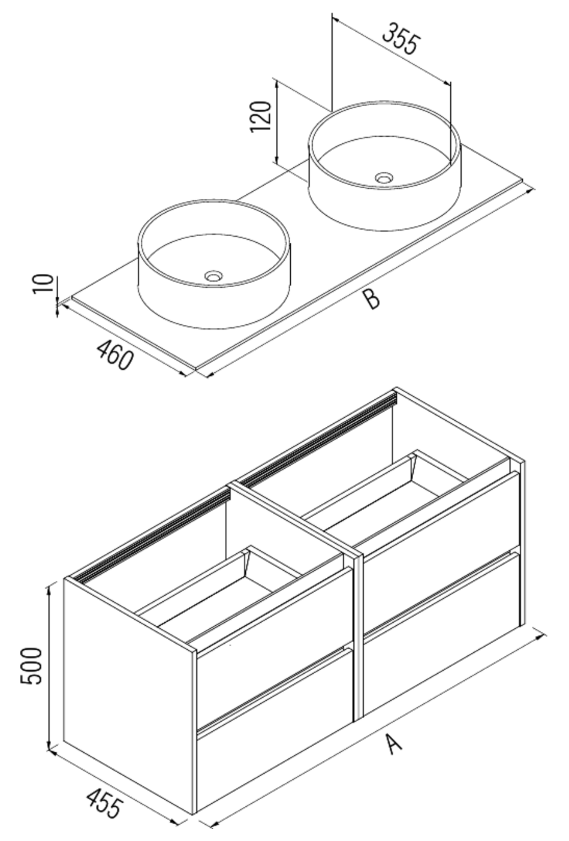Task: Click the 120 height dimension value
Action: point(261,117)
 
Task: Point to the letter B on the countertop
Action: point(372,298)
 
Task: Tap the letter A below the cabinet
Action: point(393,745)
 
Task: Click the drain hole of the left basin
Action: point(212,276)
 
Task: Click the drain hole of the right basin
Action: point(383,177)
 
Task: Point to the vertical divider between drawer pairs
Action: point(358,635)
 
